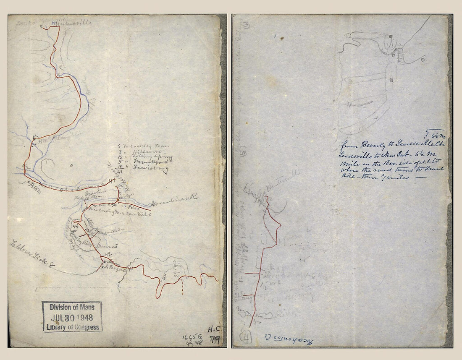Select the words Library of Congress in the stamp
pyautogui.click(x=72, y=327)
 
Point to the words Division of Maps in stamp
pyautogui.click(x=72, y=307)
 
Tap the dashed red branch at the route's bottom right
pyautogui.click(x=183, y=289)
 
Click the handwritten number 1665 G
pyautogui.click(x=190, y=337)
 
